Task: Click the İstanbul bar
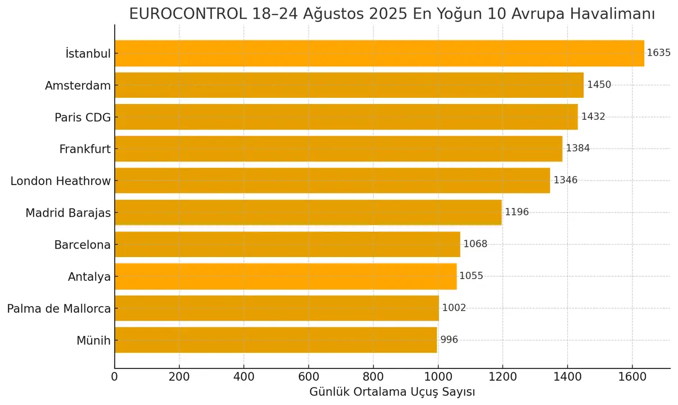(x=379, y=53)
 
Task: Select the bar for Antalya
(x=286, y=276)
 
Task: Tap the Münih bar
(x=275, y=340)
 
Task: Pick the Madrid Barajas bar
(x=308, y=213)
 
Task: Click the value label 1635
(x=659, y=53)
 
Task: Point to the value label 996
(x=449, y=340)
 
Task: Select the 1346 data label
(x=566, y=181)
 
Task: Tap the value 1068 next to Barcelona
(x=475, y=244)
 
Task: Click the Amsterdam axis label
(x=78, y=85)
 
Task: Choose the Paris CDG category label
(x=83, y=118)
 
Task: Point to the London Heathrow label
(x=61, y=181)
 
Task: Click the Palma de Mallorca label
(x=59, y=308)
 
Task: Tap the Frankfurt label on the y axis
(x=85, y=149)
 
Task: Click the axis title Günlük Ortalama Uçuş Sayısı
(x=392, y=392)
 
